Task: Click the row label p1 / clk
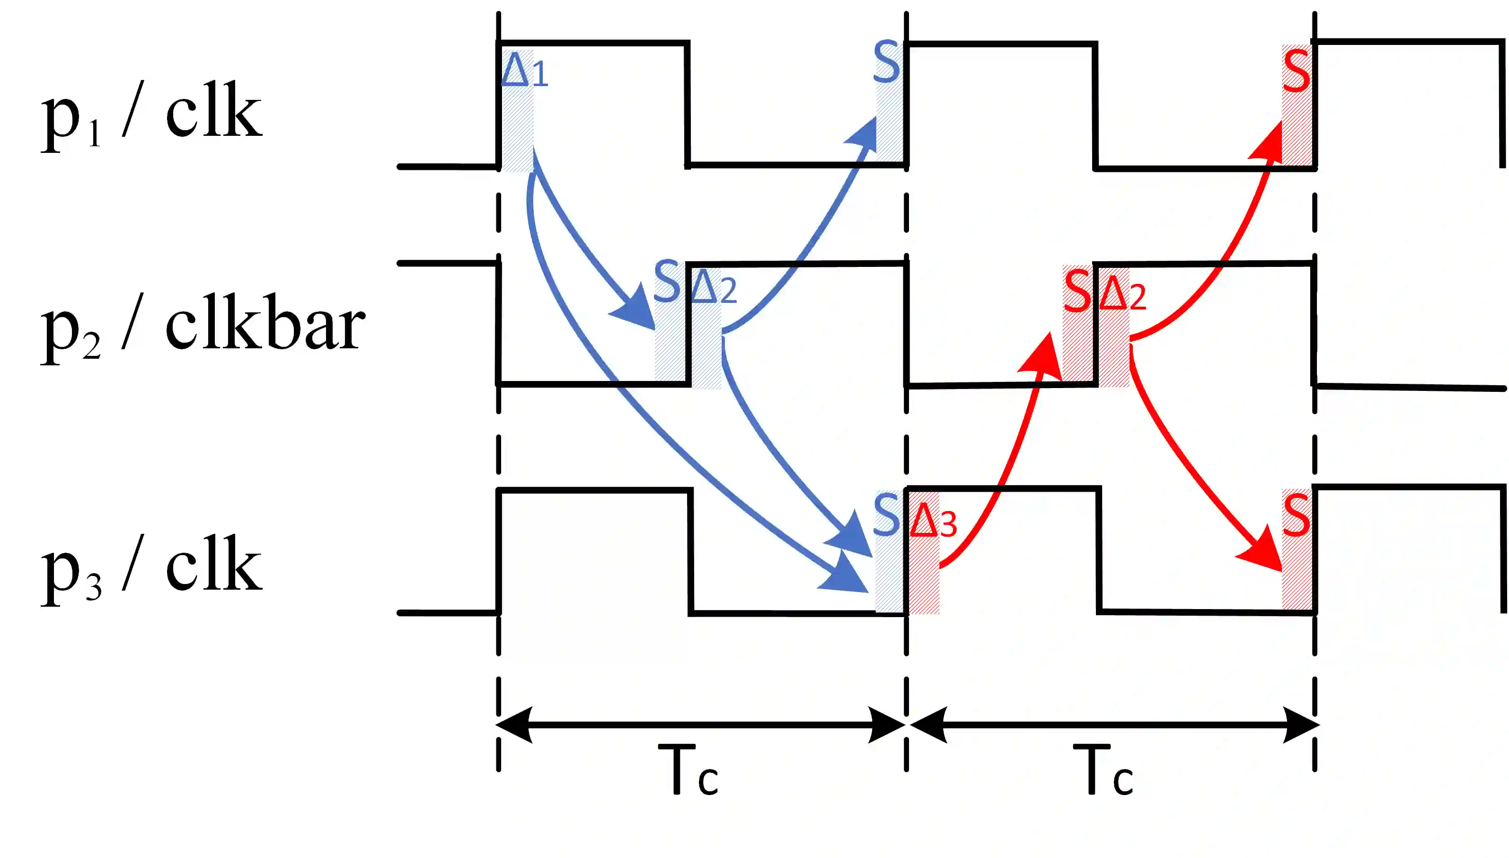tap(151, 114)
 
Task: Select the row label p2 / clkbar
tap(203, 327)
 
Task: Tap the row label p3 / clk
tap(151, 567)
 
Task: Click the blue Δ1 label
tap(524, 71)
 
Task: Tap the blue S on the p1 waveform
tap(887, 62)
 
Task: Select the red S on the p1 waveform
tap(1296, 71)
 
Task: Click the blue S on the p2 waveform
tap(667, 282)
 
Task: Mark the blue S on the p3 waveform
tap(887, 514)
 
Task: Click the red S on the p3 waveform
tap(1296, 516)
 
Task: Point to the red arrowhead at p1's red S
tap(1270, 140)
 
